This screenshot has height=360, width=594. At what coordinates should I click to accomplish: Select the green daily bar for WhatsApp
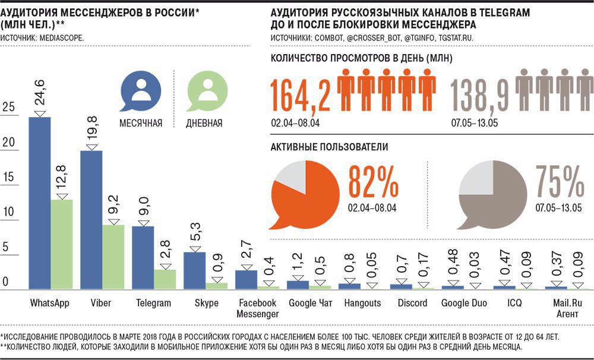point(61,244)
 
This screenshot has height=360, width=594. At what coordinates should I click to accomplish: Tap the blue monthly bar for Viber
point(91,220)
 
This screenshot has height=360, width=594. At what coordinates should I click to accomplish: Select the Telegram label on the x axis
point(153,303)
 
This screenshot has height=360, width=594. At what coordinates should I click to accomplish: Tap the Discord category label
point(413,303)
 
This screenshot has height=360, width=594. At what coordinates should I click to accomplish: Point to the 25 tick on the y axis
point(9,108)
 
